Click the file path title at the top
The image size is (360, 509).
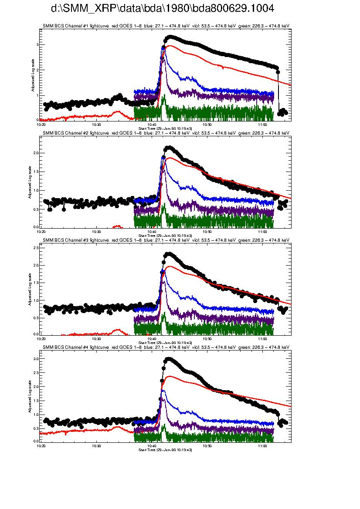(x=163, y=9)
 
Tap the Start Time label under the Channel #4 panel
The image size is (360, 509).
(x=165, y=449)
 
